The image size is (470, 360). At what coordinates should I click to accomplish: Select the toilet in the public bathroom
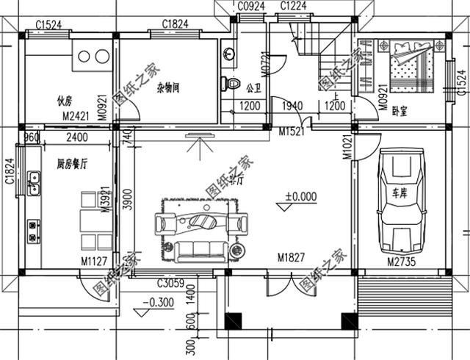234,82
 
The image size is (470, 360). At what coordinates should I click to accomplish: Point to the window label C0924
250,7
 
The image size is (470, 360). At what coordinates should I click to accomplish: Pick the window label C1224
294,7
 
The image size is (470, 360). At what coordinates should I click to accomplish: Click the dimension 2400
76,137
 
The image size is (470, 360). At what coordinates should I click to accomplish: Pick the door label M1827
292,258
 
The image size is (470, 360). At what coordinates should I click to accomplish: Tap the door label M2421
76,115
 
